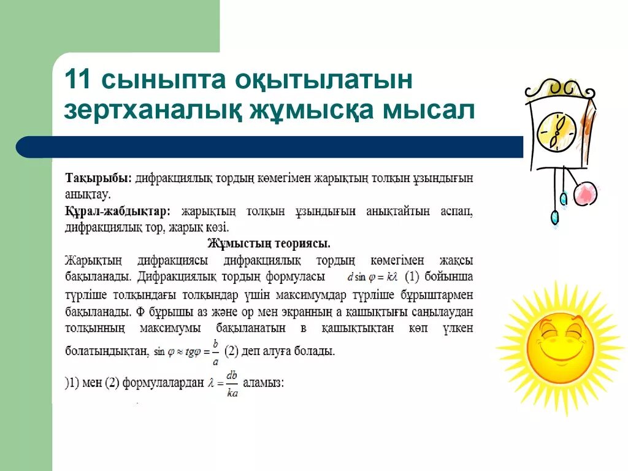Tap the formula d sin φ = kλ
373,277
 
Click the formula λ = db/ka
223,384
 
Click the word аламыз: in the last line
264,383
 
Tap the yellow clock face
557,131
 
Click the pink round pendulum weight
584,194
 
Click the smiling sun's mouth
559,352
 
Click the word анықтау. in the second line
88,195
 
